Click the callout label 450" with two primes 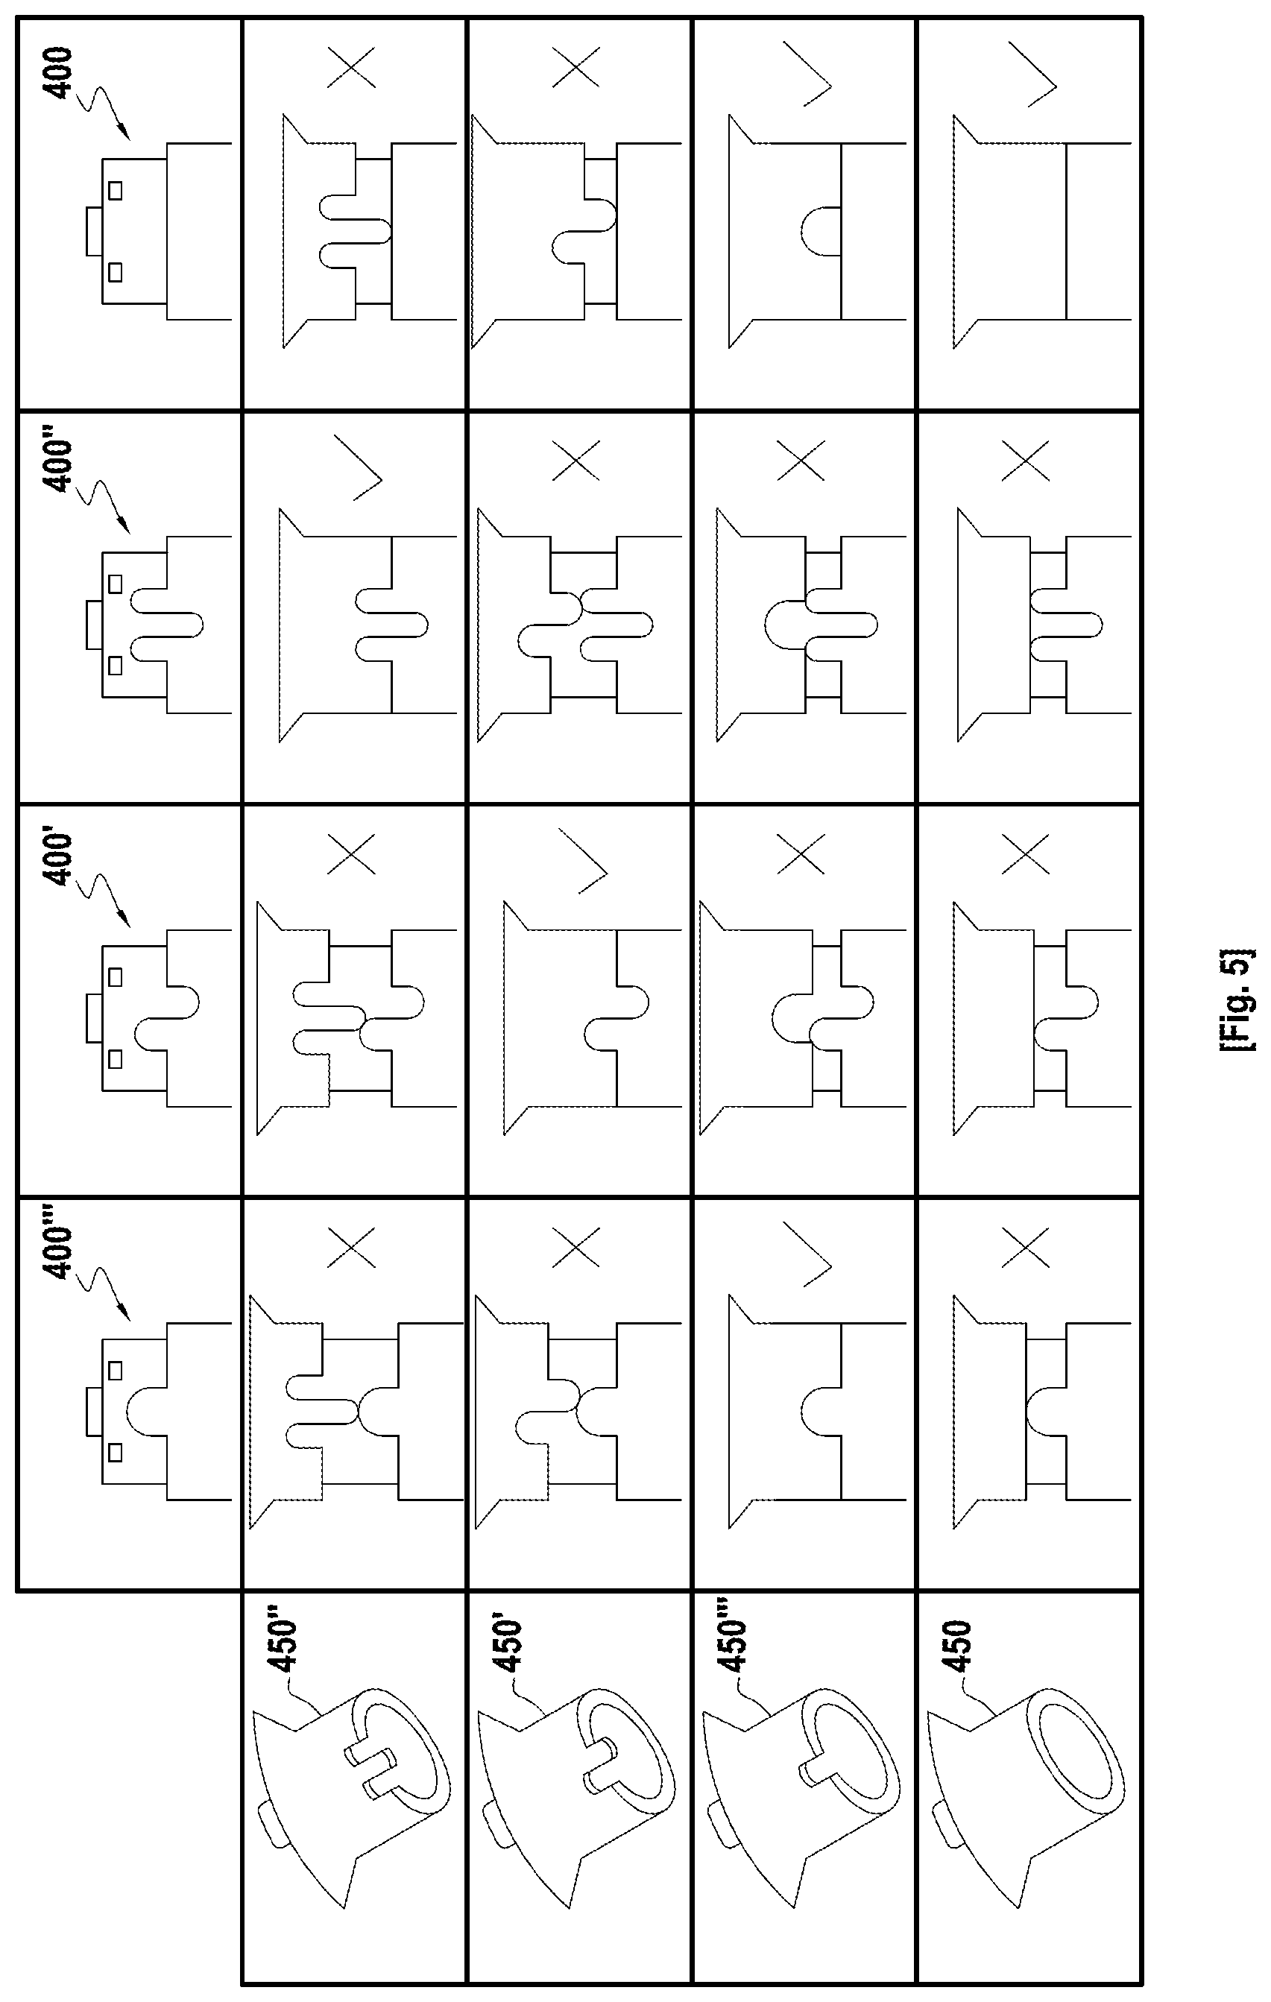click(x=283, y=1643)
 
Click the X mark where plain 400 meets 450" click(x=352, y=68)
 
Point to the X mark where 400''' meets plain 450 click(x=1026, y=1248)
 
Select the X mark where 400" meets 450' click(x=576, y=461)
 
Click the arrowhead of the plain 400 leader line click(x=122, y=132)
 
